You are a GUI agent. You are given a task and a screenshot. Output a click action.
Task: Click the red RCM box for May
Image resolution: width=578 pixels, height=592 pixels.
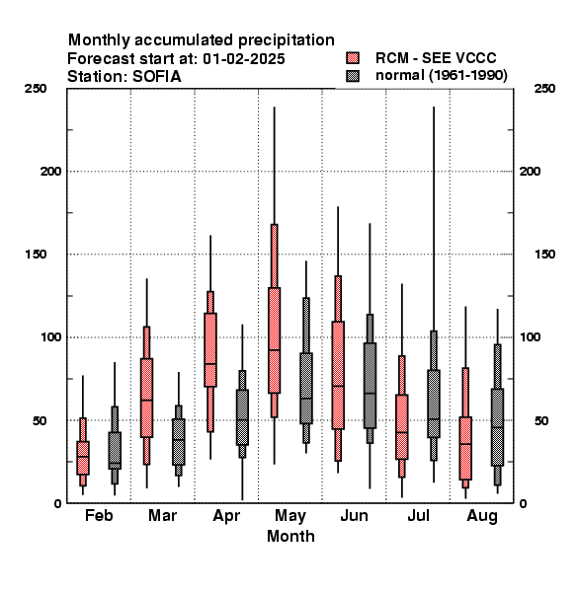pos(274,340)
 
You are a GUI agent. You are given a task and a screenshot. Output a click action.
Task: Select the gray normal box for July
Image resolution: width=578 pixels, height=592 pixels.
pos(434,404)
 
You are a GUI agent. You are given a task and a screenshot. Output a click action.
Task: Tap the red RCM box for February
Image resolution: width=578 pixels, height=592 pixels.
pos(83,458)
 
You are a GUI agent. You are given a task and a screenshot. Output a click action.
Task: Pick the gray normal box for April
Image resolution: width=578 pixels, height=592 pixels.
pos(242,417)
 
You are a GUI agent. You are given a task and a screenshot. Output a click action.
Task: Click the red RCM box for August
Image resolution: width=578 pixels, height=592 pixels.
pos(465,448)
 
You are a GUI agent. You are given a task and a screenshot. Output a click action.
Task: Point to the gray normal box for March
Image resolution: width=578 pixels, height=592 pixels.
pos(179,442)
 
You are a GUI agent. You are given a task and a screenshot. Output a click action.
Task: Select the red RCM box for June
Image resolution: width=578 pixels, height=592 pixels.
pos(338,375)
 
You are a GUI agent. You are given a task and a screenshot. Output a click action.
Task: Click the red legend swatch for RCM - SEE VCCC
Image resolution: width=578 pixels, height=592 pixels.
pos(353,58)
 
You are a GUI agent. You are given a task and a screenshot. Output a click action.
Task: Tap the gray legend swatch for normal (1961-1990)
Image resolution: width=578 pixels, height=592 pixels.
pos(353,76)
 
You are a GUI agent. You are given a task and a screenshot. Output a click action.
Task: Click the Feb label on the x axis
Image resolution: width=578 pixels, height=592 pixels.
pos(99,515)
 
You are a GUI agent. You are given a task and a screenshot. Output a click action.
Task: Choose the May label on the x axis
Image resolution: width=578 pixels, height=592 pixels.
pos(290,516)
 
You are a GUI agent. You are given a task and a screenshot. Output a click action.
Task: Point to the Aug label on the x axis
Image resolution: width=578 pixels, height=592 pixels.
pos(482,516)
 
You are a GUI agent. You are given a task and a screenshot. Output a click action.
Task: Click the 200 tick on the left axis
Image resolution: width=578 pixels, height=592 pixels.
pos(50,172)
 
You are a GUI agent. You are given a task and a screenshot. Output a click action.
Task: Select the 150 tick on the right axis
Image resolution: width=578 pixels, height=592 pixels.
pos(544,255)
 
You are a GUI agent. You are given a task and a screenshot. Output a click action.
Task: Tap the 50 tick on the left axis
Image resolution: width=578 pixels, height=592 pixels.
pos(40,420)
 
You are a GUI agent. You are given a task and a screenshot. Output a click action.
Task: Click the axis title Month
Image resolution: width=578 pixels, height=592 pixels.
pos(290,536)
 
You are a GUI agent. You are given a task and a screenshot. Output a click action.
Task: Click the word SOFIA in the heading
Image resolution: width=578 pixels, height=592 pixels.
pos(156,77)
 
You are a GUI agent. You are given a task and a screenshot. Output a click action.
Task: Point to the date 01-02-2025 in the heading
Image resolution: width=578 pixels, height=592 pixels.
pos(243,59)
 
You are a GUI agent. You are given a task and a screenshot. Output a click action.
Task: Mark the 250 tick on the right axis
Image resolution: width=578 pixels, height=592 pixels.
pos(544,89)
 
